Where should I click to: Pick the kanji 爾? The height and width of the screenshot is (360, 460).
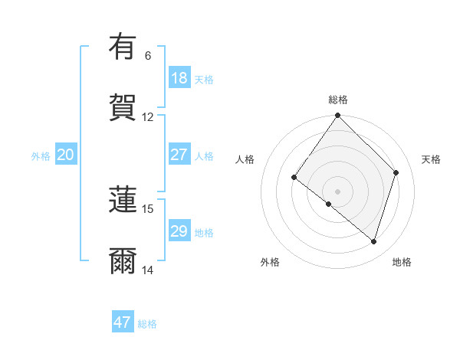coord(123,261)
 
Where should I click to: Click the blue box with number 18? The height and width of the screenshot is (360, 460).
coord(179,78)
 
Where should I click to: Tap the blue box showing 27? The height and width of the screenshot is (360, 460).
coord(179,155)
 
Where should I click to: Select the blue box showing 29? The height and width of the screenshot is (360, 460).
coord(179,231)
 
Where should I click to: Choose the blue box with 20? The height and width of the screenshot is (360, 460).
coord(65,155)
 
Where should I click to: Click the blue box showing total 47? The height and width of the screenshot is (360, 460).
coord(123,322)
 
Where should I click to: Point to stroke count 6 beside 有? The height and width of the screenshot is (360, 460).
coord(148,56)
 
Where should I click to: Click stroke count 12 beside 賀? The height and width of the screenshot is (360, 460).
coord(148,117)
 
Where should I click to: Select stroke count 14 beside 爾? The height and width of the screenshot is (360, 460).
coord(148,270)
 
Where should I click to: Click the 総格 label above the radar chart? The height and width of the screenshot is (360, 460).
coord(338,100)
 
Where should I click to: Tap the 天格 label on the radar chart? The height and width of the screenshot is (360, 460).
coord(431,159)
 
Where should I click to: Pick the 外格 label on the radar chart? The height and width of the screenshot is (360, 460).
coord(270,262)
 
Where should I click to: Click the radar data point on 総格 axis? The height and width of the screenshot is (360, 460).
coord(338,116)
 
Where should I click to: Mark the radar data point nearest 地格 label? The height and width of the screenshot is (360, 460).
coord(373,241)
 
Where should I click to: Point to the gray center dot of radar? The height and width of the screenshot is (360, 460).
coord(338,191)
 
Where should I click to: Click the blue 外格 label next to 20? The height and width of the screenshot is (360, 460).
coord(41,155)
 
